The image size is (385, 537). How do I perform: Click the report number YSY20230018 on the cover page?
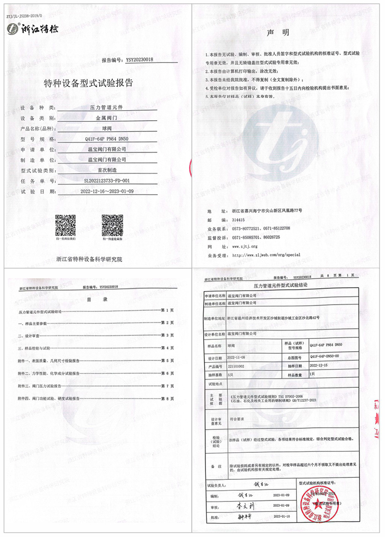139,60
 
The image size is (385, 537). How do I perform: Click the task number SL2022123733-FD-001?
107,181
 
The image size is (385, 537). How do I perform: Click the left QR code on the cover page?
64,223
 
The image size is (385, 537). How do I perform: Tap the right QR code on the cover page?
110,223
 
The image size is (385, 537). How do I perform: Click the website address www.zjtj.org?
245,246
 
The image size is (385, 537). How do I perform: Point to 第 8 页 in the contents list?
167,398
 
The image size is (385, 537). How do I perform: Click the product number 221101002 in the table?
237,366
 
